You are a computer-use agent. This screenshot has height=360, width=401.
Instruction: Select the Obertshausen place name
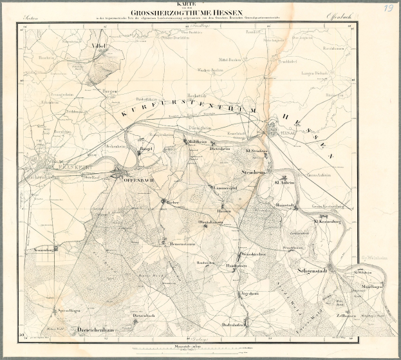coord(210,223)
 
